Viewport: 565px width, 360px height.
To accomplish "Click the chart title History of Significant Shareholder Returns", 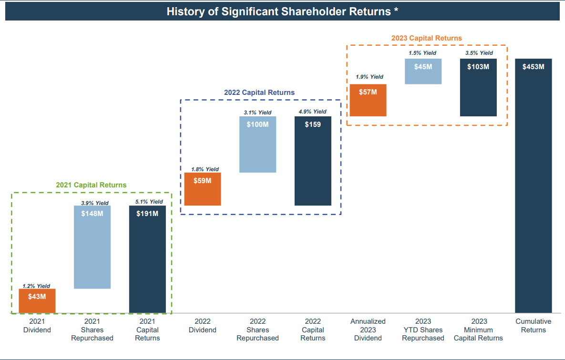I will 282,11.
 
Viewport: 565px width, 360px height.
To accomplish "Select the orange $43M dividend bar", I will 37,301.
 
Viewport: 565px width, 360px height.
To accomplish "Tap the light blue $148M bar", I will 92,247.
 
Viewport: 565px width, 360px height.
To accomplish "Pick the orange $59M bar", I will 203,189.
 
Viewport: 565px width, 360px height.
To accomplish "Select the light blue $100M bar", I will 257,144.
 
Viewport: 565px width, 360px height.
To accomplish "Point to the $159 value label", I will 313,124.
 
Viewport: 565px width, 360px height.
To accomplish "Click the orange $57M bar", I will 368,100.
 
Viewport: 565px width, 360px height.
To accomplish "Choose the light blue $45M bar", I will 423,71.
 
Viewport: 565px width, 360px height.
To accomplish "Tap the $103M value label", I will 478,67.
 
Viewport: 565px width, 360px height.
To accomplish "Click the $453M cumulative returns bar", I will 533,185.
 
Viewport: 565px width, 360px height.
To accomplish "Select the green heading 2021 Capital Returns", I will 91,185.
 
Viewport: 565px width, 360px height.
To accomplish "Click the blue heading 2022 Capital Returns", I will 259,93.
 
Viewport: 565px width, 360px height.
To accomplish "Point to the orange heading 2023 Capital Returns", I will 426,38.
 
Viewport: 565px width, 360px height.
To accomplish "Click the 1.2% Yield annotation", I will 37,286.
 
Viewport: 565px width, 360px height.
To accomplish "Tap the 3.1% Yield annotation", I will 257,113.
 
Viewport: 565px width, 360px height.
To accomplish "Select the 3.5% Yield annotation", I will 479,53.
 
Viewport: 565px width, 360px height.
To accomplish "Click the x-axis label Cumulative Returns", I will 533,326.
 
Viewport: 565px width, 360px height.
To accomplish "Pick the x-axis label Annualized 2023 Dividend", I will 368,329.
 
